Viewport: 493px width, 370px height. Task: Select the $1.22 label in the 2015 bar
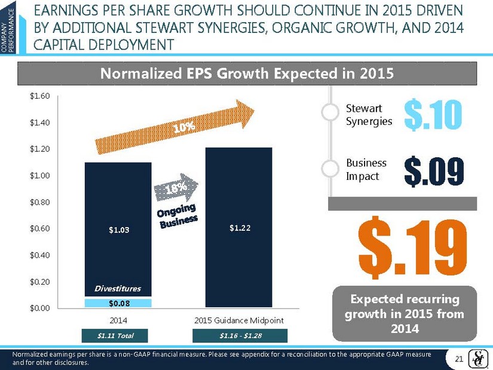239,227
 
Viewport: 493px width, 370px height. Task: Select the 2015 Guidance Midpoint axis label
239,321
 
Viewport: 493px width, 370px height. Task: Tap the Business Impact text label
366,170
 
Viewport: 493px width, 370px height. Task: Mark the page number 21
460,358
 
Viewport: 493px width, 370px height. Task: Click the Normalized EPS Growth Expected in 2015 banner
246,75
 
